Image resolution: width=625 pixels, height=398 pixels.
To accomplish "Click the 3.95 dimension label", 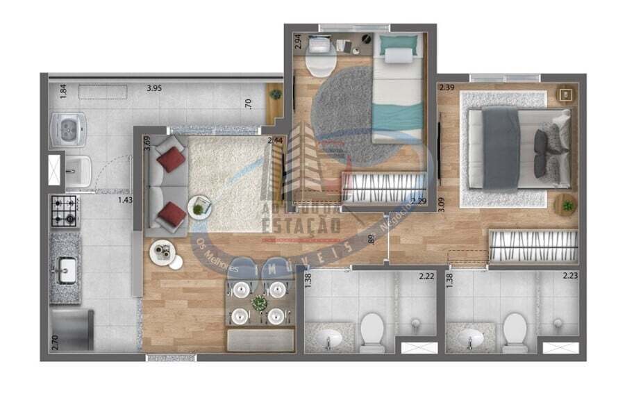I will click(x=153, y=88).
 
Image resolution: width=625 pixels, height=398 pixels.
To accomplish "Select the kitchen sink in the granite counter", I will click(x=67, y=270).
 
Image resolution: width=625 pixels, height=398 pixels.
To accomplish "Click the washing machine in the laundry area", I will click(x=68, y=129).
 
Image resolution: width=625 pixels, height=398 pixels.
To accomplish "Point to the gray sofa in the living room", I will click(x=165, y=184).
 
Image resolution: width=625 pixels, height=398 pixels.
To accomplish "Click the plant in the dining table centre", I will click(x=260, y=303).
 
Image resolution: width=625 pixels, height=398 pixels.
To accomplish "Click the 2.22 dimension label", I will click(x=426, y=276).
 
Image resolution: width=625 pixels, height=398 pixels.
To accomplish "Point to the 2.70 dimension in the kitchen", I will click(x=55, y=342).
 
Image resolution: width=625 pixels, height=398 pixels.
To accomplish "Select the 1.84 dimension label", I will click(x=63, y=91).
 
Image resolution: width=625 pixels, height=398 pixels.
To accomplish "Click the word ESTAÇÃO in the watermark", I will click(x=300, y=225).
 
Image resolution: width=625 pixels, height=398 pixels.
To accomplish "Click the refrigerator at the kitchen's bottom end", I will click(x=72, y=330).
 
